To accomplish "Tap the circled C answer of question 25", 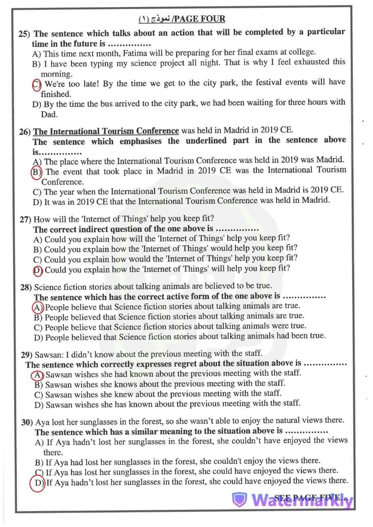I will pos(36,84).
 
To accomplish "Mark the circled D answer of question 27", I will pos(38,270).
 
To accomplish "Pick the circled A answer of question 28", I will pos(38,308).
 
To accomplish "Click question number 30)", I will pos(27,422).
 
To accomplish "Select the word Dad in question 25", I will pos(49,115).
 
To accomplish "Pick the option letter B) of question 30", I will pos(39,462).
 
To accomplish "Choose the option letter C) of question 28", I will pos(38,328).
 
